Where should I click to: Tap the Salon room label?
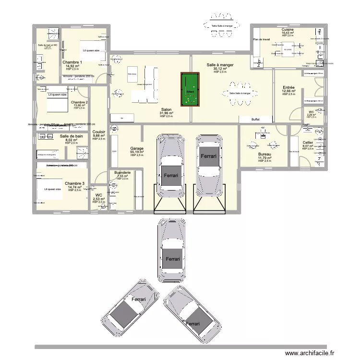tap(166, 109)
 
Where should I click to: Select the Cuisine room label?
tap(288, 29)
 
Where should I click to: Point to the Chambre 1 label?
tap(72, 62)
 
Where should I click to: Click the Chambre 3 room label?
tap(74, 183)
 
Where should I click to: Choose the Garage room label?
tap(137, 149)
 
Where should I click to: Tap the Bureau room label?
tap(264, 154)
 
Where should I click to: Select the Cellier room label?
tap(308, 143)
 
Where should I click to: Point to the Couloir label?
tap(98, 132)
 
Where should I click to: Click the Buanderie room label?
tap(123, 172)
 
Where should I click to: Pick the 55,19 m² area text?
tap(137, 152)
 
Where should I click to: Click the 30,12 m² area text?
tap(219, 68)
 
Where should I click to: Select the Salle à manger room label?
tap(219, 64)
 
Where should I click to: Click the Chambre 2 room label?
tap(79, 102)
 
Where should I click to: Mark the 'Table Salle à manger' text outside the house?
tap(222, 26)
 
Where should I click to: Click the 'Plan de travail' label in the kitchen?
tap(262, 39)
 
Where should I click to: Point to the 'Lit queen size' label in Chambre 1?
tap(91, 50)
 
